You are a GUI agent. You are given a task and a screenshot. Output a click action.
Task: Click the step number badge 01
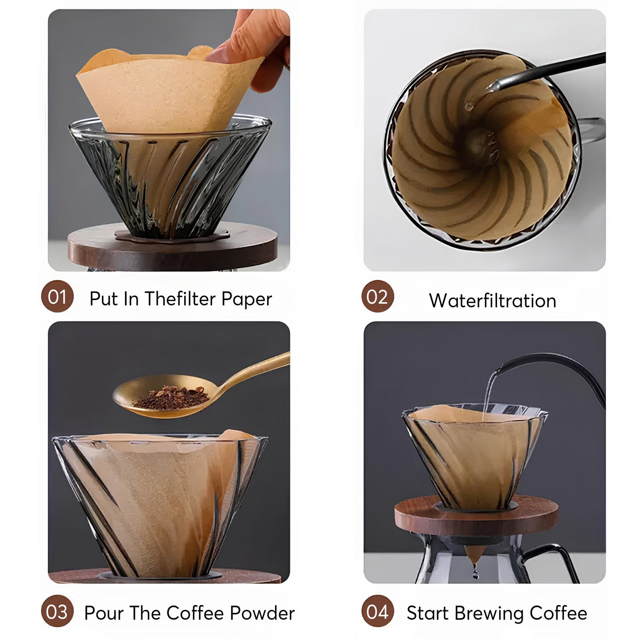(57, 297)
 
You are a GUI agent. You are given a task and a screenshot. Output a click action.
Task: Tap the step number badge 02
(377, 297)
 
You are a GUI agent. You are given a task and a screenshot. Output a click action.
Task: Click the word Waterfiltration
(492, 301)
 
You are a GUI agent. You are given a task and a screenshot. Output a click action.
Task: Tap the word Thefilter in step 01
(180, 299)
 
